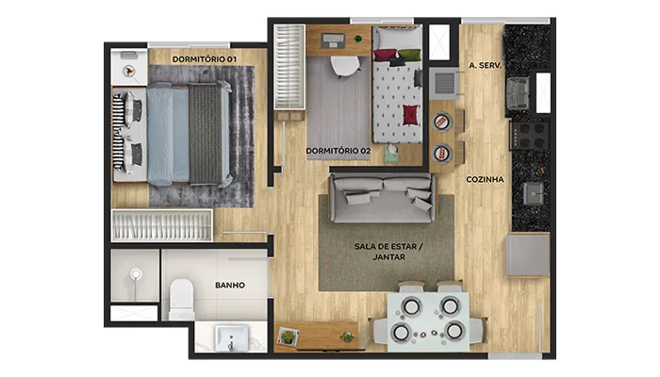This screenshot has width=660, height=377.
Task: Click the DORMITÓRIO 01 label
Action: coord(205,59)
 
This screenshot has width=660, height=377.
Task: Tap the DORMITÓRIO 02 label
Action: coord(338,151)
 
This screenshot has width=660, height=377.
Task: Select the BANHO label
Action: coord(230,286)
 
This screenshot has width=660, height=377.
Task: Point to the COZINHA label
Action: coord(485,180)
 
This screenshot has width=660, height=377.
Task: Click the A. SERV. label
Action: coord(485,65)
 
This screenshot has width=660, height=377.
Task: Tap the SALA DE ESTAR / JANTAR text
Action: coord(388,252)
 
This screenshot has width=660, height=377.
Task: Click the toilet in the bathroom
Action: coord(181,300)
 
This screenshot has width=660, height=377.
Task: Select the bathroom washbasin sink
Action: coord(231,337)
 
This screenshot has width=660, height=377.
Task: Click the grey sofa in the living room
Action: coord(382,198)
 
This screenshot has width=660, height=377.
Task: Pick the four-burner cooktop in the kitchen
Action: coord(530,136)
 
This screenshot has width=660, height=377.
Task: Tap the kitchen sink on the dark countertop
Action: coord(534,193)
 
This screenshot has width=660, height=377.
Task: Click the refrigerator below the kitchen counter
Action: coord(528,255)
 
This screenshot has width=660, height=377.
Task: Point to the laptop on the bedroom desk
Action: coord(334,41)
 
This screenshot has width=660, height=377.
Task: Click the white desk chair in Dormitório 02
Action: coord(345,67)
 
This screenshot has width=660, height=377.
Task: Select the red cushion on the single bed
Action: coord(411,115)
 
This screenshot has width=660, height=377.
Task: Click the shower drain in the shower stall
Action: coord(136,275)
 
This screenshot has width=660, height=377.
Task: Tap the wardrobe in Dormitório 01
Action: coord(161,225)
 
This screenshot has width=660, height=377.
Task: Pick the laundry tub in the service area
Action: coord(519,92)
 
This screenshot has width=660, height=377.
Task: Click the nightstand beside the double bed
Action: coord(129,67)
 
